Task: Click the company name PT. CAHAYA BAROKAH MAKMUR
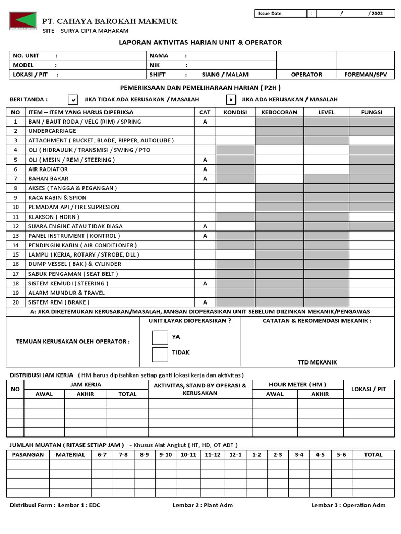click(x=110, y=21)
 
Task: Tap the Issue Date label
click(x=270, y=14)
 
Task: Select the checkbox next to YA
click(x=160, y=337)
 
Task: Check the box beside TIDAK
click(x=160, y=355)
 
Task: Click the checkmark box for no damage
click(x=74, y=100)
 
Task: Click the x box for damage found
click(x=230, y=100)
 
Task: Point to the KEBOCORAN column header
click(x=279, y=112)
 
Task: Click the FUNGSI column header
click(x=372, y=112)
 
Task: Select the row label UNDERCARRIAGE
click(x=52, y=131)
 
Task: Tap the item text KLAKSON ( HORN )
click(x=54, y=216)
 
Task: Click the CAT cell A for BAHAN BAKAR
click(x=205, y=178)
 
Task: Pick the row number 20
click(x=16, y=302)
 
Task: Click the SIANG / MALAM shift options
click(x=221, y=75)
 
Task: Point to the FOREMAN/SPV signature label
click(x=366, y=75)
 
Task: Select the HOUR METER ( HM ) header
click(x=297, y=384)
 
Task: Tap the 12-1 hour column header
click(x=235, y=454)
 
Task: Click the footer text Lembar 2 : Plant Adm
click(x=203, y=505)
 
